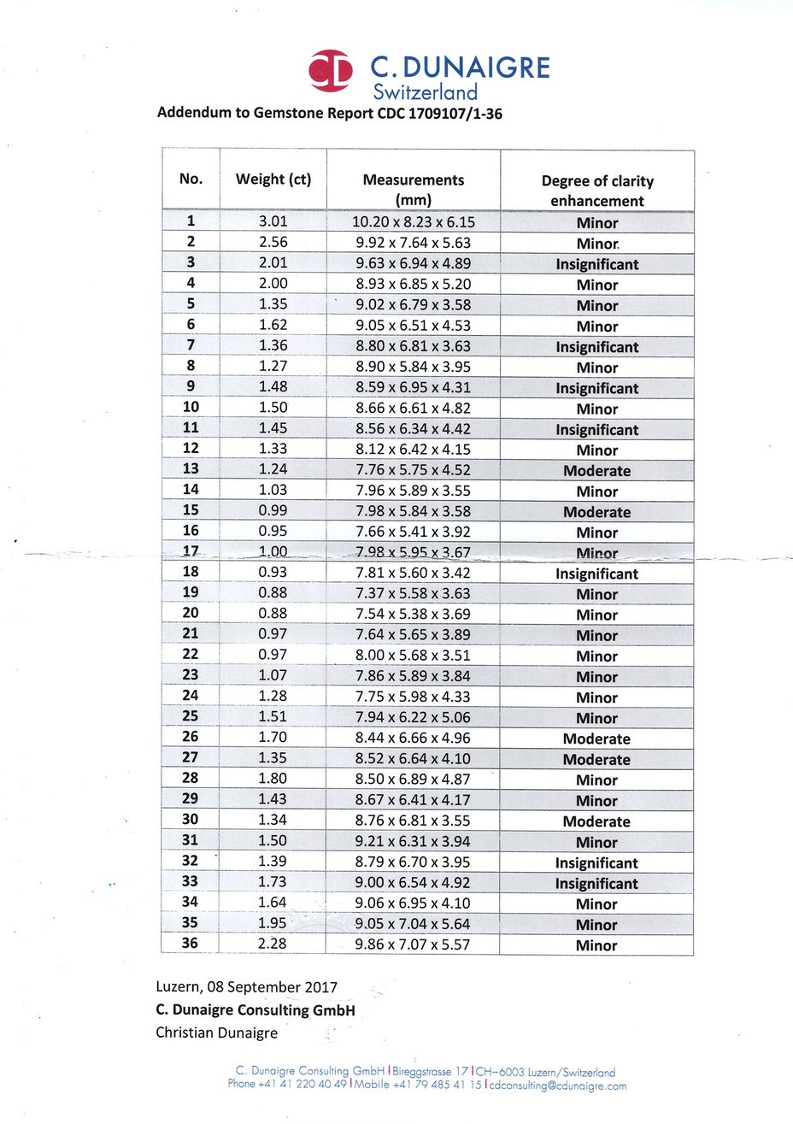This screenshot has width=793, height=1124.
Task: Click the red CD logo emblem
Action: pyautogui.click(x=331, y=71)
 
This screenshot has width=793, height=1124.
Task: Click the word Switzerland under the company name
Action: pyautogui.click(x=425, y=92)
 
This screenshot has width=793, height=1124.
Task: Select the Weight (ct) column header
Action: pyautogui.click(x=273, y=179)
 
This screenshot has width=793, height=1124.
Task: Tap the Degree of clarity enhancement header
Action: pyautogui.click(x=596, y=191)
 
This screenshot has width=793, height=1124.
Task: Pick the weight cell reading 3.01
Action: pyautogui.click(x=273, y=222)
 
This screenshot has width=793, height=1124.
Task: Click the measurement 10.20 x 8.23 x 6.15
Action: pyautogui.click(x=414, y=222)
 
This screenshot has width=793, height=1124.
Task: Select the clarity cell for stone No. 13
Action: pyautogui.click(x=596, y=471)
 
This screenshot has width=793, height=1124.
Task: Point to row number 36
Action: pyautogui.click(x=190, y=944)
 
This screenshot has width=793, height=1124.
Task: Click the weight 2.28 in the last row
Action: pyautogui.click(x=273, y=944)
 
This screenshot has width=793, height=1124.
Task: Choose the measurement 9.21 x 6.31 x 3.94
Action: pyautogui.click(x=414, y=841)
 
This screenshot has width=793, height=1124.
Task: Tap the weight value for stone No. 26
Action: pyautogui.click(x=273, y=738)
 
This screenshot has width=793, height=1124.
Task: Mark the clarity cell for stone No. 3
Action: pyautogui.click(x=596, y=264)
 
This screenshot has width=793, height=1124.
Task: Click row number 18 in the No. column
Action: pyautogui.click(x=191, y=573)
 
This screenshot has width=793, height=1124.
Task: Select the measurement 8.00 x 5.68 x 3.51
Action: pyautogui.click(x=414, y=656)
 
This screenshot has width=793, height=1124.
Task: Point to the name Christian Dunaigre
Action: pyautogui.click(x=216, y=1033)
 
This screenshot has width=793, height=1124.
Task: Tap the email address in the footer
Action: pyautogui.click(x=558, y=1086)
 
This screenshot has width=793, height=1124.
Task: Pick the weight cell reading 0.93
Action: pyautogui.click(x=273, y=573)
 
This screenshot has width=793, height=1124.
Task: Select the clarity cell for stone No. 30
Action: pyautogui.click(x=596, y=821)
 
